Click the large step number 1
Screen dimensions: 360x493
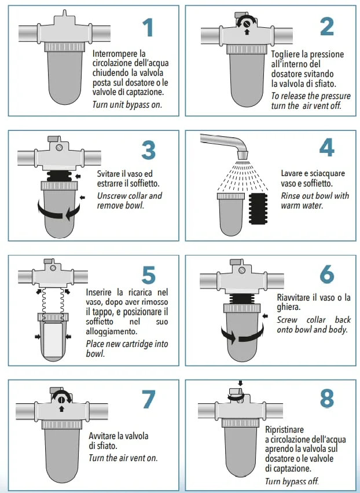click(148, 27)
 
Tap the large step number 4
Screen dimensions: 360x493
click(326, 148)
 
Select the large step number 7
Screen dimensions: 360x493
click(149, 399)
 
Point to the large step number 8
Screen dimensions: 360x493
click(326, 398)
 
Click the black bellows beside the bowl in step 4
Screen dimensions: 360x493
click(258, 209)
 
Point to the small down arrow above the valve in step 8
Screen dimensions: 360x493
click(241, 384)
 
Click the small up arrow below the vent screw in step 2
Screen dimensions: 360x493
click(247, 31)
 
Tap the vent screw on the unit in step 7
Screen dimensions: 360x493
click(61, 400)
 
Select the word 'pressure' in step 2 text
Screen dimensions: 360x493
click(335, 96)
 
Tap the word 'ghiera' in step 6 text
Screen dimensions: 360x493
click(288, 307)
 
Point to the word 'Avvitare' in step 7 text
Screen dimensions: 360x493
click(102, 436)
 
